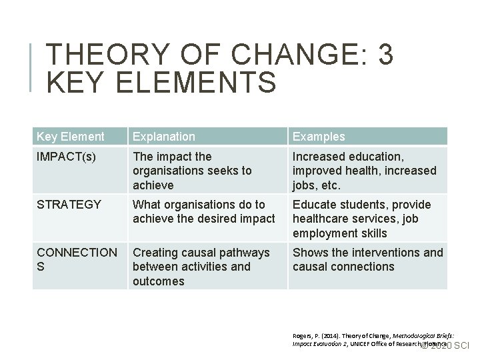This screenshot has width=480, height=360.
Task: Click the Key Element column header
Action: [x=71, y=137]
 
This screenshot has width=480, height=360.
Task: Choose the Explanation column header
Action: [x=163, y=137]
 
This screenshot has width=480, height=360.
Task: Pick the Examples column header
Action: [x=319, y=137]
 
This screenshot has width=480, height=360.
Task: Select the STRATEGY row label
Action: [x=68, y=205]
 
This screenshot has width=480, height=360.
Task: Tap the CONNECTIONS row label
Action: [x=76, y=259]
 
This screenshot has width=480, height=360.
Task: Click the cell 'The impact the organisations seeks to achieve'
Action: [x=192, y=171]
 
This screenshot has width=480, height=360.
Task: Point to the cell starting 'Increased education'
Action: [x=364, y=171]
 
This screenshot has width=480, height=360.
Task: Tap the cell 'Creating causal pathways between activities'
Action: [x=201, y=267]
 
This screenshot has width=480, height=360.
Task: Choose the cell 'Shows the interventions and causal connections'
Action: [x=367, y=259]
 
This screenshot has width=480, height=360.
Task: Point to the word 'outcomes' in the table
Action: [x=158, y=281]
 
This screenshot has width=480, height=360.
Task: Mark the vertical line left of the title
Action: [x=32, y=67]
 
